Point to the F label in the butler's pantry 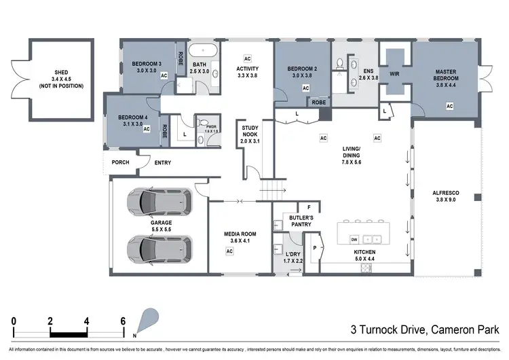[309, 207]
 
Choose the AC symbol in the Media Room [229, 251]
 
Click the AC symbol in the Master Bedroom [449, 106]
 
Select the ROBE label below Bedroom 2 [318, 102]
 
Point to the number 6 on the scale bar [123, 321]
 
